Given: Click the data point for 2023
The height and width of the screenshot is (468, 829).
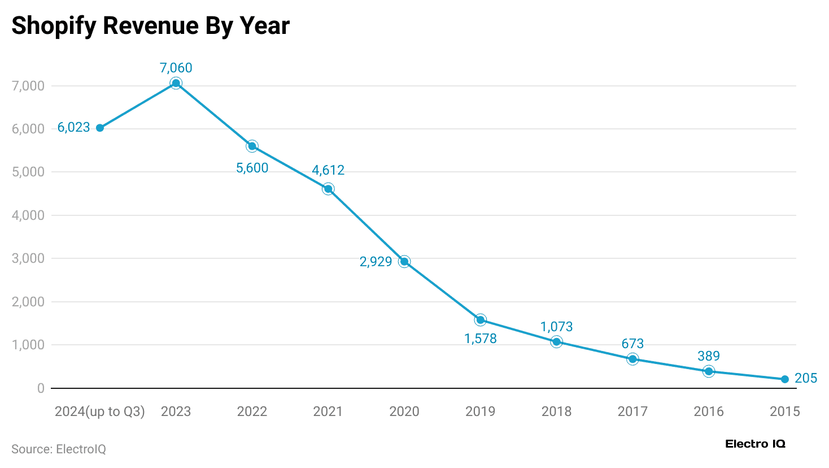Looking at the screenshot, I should (176, 84).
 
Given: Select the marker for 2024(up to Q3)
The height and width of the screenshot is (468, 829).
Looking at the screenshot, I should (100, 128).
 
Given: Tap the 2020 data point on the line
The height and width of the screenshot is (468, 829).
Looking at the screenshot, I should (404, 262).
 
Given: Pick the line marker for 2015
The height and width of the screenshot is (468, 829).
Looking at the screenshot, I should (785, 379).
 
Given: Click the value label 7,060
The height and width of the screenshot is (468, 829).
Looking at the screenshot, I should (176, 68).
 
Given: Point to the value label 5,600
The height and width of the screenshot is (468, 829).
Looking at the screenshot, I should (252, 168).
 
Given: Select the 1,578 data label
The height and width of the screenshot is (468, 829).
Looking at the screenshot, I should (480, 339).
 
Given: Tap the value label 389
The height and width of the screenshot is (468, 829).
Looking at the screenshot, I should (708, 356).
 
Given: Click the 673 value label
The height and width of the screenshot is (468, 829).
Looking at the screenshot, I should (632, 344).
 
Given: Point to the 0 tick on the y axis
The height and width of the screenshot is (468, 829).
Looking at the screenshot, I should (41, 388).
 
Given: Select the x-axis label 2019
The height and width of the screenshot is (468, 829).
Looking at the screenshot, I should (480, 411).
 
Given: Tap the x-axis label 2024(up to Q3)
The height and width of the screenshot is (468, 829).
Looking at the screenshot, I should (100, 411).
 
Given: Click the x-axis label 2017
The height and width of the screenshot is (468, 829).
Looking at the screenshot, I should (632, 411).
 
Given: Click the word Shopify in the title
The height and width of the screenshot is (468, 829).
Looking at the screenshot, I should (54, 26).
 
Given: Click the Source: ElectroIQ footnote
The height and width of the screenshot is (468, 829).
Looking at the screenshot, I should (59, 449).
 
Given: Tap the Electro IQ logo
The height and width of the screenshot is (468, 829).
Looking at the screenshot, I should (755, 444).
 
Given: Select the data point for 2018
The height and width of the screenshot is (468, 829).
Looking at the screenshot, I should (556, 342).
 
